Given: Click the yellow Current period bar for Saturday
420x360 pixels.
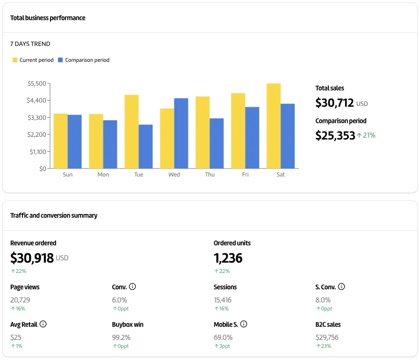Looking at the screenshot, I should tap(274, 126).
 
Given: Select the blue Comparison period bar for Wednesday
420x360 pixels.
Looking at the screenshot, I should tap(181, 133).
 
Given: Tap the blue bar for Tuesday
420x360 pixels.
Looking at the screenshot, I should tap(145, 147).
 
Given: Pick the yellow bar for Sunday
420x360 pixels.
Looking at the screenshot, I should tap(60, 141).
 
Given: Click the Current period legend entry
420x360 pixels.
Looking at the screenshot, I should tap(33, 60).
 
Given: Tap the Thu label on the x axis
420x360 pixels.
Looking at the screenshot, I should tap(210, 175).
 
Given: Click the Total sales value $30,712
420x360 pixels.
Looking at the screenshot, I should tap(334, 103).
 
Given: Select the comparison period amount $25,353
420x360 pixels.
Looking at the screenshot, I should tap(335, 136).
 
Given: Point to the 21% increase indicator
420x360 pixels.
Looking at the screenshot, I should tap(366, 136).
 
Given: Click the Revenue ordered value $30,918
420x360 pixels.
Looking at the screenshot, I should tap(32, 258).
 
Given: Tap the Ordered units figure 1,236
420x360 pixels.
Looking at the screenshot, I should tap(228, 258).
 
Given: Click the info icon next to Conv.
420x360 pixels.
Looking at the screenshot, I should tap(132, 287).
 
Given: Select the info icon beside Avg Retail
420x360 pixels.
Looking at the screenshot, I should tap(43, 324).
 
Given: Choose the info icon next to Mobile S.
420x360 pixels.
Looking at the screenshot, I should tap(244, 324).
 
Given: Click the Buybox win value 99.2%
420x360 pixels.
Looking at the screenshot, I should tap(121, 337).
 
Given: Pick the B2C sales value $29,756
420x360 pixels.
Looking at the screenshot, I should tap(327, 337).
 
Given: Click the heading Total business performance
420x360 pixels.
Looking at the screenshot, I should tap(48, 18).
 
